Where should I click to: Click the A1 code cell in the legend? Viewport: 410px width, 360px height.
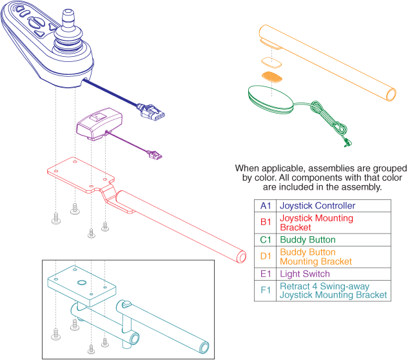tap(266, 206)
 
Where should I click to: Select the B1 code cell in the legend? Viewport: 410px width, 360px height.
tap(266, 223)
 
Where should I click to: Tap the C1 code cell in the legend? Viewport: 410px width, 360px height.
tap(266, 239)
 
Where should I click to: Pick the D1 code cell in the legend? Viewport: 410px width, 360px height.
tap(266, 256)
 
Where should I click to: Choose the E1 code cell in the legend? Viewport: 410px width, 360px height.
tap(266, 274)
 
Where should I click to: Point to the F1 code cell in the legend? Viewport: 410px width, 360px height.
tap(266, 290)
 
